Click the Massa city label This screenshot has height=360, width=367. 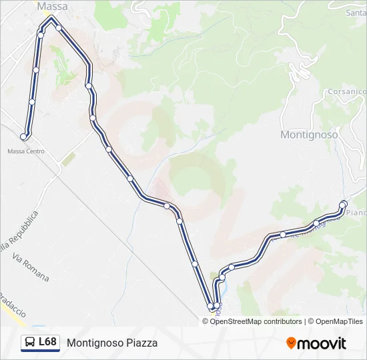(x=53, y=6)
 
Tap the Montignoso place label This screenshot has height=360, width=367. (x=309, y=134)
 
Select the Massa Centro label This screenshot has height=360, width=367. (x=26, y=151)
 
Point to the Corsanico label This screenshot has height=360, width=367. (x=347, y=91)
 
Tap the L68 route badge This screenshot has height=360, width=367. (x=40, y=343)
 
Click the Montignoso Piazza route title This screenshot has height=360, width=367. (x=112, y=343)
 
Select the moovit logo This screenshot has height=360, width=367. (x=316, y=343)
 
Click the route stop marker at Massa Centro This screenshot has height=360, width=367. (x=24, y=137)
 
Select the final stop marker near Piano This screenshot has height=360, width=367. (x=344, y=204)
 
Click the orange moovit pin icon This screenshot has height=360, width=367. (x=291, y=343)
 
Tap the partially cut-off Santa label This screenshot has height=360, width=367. (x=356, y=12)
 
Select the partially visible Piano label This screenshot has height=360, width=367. (x=357, y=213)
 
